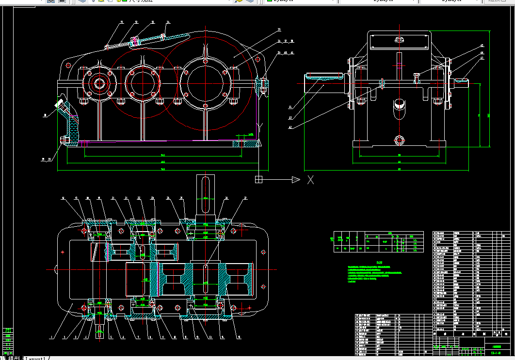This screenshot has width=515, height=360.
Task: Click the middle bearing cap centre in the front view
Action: pos(143,81)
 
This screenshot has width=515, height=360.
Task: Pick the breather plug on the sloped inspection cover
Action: pos(136,41)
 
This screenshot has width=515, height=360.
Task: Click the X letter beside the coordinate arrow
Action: pos(310,180)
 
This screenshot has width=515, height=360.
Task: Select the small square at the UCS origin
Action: pos(259,180)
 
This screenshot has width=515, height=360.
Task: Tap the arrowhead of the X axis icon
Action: pos(296,180)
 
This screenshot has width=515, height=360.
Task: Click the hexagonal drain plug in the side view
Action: pos(400,141)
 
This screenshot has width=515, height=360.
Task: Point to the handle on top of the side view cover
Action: pos(400,40)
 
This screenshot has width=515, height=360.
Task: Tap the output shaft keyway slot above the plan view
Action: pos(205,187)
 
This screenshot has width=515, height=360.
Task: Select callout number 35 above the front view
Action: pos(278,30)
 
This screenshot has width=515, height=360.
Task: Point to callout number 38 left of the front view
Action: pos(45,115)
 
